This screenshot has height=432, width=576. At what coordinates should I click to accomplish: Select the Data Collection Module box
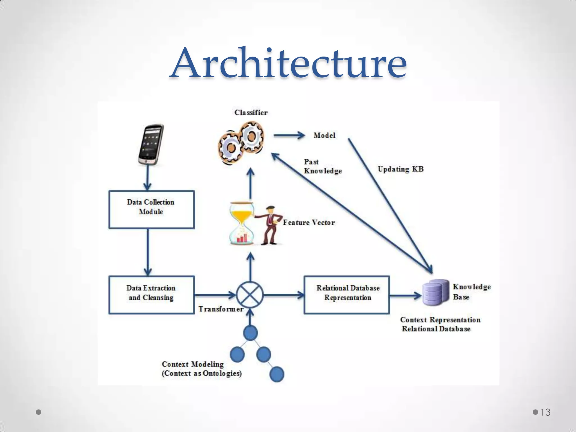click(151, 210)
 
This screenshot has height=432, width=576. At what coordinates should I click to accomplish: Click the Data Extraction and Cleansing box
click(151, 295)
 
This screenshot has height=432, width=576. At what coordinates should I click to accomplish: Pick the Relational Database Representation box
click(346, 295)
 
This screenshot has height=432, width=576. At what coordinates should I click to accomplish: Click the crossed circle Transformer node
click(250, 295)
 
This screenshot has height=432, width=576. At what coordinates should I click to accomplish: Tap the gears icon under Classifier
click(241, 143)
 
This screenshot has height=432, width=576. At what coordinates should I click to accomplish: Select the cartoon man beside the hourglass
click(270, 225)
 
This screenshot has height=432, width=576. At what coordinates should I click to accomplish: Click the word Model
click(324, 136)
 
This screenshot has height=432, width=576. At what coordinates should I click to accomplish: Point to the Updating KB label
click(400, 169)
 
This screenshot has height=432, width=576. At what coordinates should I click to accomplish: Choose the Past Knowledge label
click(322, 166)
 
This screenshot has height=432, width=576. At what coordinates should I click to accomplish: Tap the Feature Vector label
click(309, 223)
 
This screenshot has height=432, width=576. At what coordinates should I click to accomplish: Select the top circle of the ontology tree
click(250, 333)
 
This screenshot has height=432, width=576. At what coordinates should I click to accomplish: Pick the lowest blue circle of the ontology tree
click(277, 374)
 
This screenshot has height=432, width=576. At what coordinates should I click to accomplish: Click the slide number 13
click(545, 412)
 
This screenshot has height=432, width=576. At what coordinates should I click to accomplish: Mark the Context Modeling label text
click(201, 369)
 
